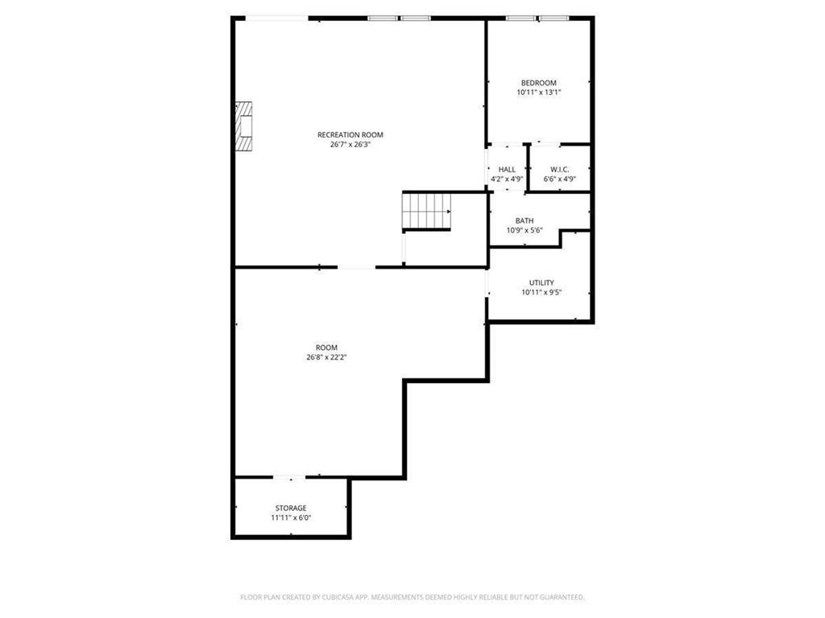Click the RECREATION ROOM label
click(x=350, y=134)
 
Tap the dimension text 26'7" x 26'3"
click(x=350, y=145)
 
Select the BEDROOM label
click(x=538, y=83)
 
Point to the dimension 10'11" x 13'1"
click(x=538, y=93)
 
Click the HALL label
click(x=507, y=169)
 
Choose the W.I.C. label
click(x=559, y=169)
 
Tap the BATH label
click(x=524, y=220)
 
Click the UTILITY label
click(x=541, y=282)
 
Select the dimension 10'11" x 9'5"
click(x=541, y=292)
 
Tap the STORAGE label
click(x=291, y=508)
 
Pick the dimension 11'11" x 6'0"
click(x=291, y=517)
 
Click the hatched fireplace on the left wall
click(x=243, y=125)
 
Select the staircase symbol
click(x=427, y=212)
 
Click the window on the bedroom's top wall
click(x=537, y=18)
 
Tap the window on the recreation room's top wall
click(x=399, y=18)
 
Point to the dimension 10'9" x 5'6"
click(x=524, y=230)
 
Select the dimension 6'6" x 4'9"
click(x=559, y=179)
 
